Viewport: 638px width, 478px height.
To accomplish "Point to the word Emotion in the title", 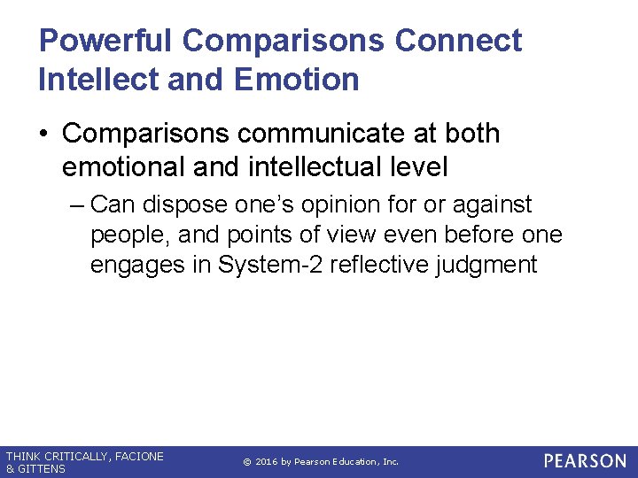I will (297, 79).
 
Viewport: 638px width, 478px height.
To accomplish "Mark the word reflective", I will (375, 265).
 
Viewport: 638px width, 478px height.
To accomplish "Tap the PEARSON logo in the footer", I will (584, 461).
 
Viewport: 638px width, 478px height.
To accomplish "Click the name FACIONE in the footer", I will (138, 457).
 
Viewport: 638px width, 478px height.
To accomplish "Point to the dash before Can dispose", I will (76, 205).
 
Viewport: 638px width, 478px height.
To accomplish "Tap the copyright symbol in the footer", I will (246, 462).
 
